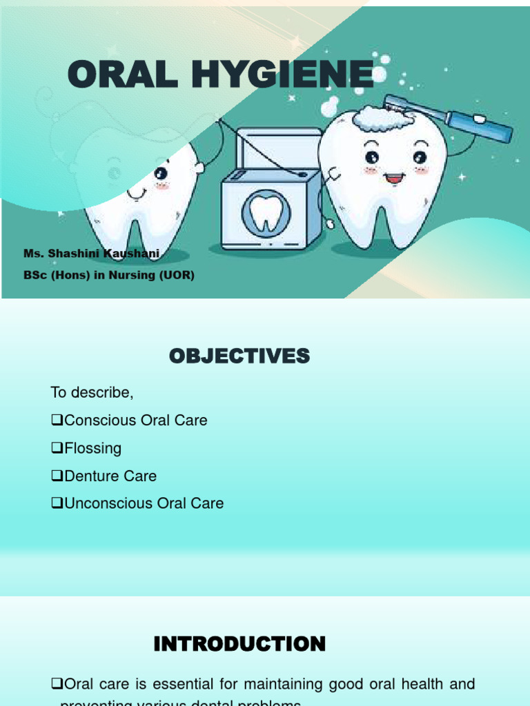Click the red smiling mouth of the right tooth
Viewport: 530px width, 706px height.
(x=394, y=179)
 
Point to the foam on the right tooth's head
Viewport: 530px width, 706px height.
(x=382, y=119)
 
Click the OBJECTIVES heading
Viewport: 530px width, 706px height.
(x=239, y=356)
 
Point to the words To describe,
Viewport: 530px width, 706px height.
(x=92, y=393)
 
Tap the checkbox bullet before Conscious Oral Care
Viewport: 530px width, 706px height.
(x=57, y=421)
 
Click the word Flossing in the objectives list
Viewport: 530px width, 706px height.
(x=92, y=448)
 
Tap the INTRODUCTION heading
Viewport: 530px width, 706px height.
(x=239, y=645)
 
